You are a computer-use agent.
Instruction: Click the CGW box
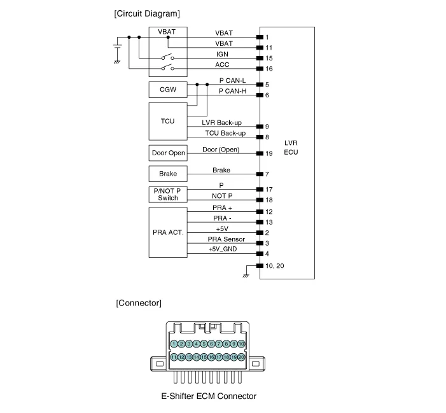point(168,90)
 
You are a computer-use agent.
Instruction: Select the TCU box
point(168,121)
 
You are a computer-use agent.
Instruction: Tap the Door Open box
point(168,153)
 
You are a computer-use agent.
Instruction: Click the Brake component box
point(168,174)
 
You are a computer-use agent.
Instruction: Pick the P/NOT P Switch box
point(168,194)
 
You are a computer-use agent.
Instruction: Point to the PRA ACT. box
point(168,232)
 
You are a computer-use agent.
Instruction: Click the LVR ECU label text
point(291,148)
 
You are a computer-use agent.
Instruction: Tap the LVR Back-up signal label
point(221,122)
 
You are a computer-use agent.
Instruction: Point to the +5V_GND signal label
point(222,249)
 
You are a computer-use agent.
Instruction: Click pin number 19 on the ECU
point(268,153)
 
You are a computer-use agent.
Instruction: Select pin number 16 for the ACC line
point(268,69)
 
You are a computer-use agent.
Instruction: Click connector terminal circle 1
point(174,344)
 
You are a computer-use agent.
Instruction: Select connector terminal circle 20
point(241,358)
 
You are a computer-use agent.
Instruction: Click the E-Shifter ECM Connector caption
point(208,396)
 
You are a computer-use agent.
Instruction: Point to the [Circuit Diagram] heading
point(146,13)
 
